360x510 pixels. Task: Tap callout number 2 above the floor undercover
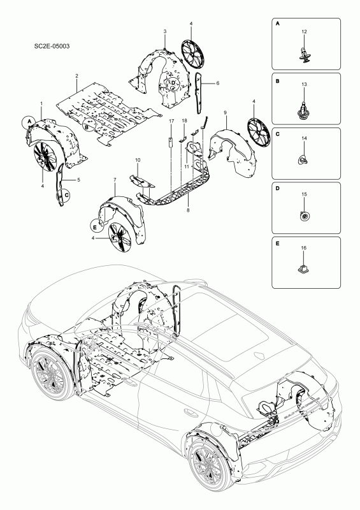(76, 76)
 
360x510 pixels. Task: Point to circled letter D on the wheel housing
(173, 82)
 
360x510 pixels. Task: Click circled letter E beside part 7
(95, 225)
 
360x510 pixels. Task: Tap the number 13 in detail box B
(304, 85)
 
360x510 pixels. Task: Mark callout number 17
(171, 120)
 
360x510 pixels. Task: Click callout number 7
(114, 180)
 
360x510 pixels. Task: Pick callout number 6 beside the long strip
(217, 83)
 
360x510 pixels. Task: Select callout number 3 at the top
(164, 31)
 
